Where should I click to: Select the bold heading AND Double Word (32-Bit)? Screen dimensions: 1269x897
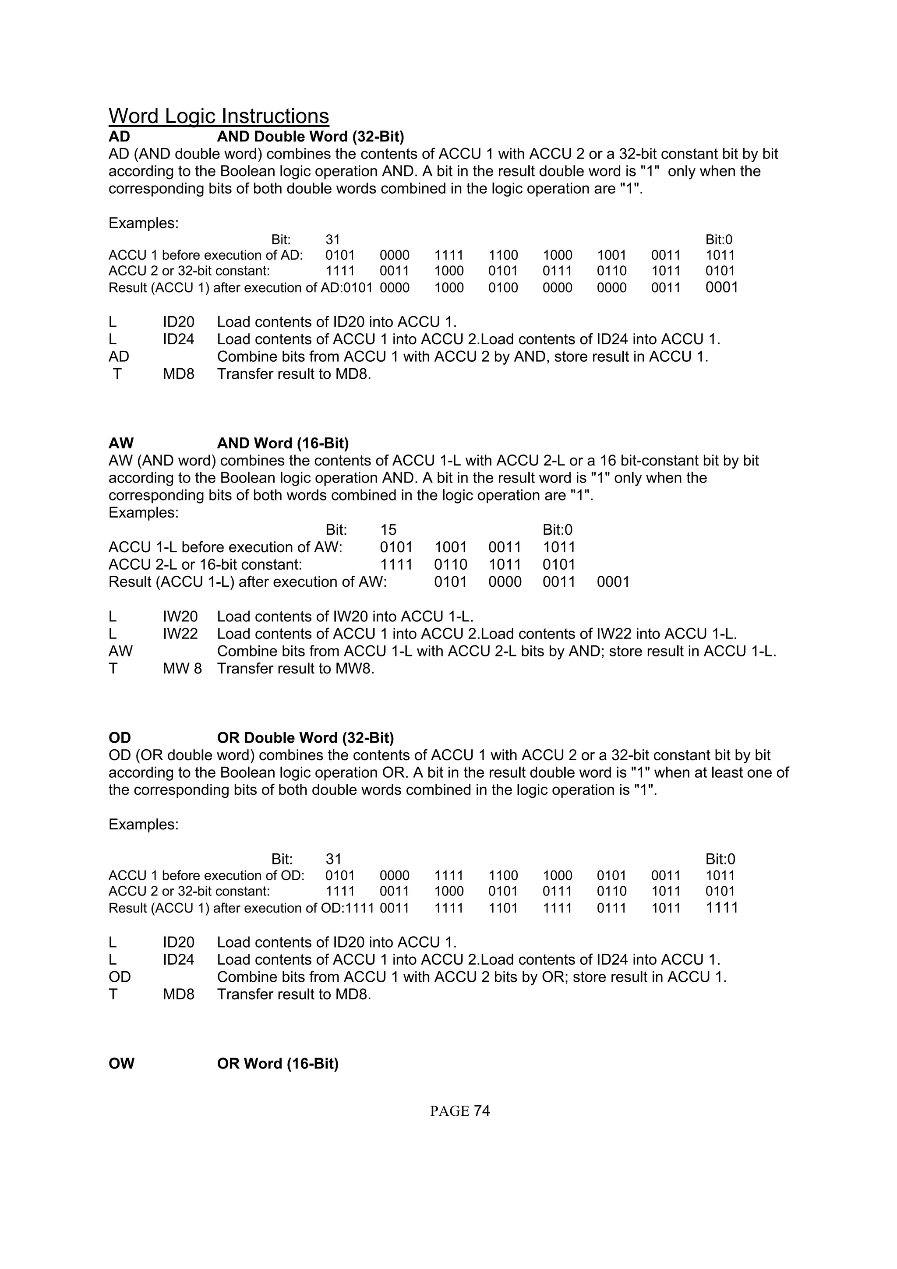coord(310,137)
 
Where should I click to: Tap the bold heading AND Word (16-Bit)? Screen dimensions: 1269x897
coord(283,443)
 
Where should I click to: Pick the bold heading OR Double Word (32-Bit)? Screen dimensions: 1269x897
coord(305,738)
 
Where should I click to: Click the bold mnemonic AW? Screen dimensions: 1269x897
coord(121,443)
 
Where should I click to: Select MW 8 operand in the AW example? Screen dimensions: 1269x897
coord(182,669)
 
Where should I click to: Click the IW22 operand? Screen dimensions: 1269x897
coord(180,634)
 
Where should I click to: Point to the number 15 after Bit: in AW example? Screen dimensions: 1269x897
coord(388,530)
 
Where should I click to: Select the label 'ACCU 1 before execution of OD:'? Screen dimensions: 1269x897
coord(206,875)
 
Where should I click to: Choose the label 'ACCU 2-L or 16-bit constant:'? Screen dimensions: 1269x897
coord(205,565)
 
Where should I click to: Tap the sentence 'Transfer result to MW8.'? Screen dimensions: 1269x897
coord(295,669)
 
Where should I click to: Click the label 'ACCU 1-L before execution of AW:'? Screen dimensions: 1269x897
coord(225,547)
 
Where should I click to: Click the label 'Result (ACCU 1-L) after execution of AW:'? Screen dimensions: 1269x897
coord(247,582)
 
